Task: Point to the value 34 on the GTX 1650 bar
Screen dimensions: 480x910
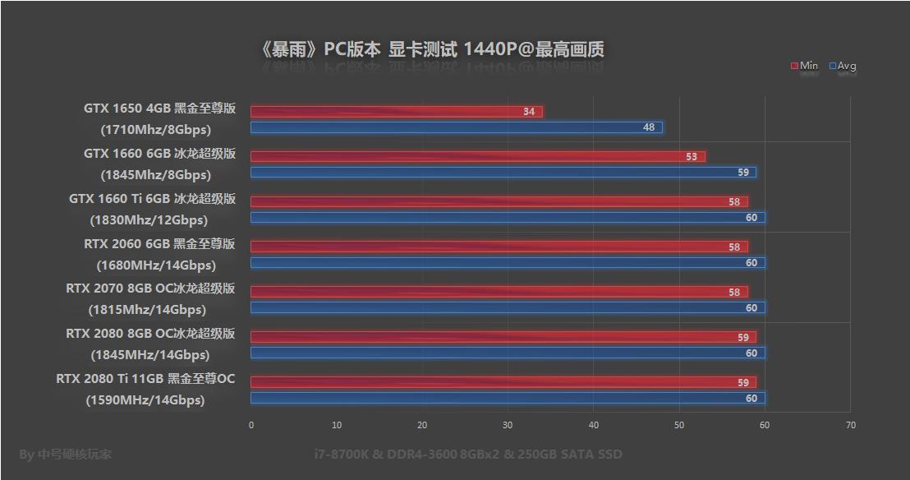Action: pos(529,112)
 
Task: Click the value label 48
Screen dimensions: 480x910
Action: pos(649,127)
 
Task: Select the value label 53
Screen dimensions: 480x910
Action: pos(692,157)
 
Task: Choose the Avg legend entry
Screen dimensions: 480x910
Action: pos(843,66)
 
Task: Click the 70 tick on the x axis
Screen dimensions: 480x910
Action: pos(850,425)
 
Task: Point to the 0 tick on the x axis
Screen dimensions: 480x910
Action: pos(251,425)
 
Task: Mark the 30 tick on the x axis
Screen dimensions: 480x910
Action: pos(508,425)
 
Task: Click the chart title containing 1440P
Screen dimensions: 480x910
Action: pos(432,49)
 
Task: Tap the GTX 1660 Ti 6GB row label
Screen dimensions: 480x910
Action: pos(152,199)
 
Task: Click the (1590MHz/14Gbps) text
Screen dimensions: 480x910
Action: pos(145,400)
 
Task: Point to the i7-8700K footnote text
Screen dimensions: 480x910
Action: pos(468,454)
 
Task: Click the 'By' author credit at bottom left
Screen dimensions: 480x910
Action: pos(66,454)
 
